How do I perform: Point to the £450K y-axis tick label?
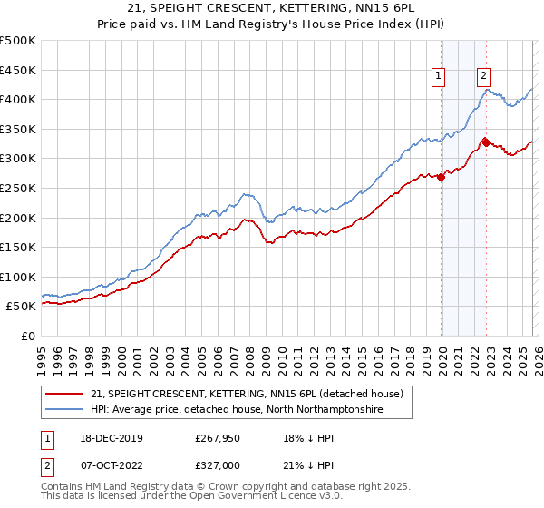tap(18, 70)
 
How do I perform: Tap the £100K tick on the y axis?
tap(18, 277)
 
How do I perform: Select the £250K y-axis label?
tap(18, 188)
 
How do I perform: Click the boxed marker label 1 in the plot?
tap(439, 77)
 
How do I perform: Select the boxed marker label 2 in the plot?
tap(483, 77)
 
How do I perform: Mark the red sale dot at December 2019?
tap(442, 178)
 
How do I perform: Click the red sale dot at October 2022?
tap(486, 142)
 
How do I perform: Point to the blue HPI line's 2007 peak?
tap(245, 194)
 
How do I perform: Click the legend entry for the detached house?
tap(252, 394)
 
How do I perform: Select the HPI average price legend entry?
tap(237, 410)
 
